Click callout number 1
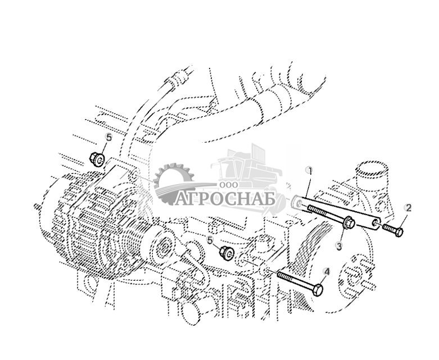[309, 170]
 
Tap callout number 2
[408, 208]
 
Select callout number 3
[339, 246]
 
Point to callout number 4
[327, 271]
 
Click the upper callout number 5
[109, 138]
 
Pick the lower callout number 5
[210, 239]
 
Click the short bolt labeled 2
[393, 228]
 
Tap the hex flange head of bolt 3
[349, 222]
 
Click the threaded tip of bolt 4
[279, 274]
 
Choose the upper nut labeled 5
[97, 158]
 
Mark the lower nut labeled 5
[226, 252]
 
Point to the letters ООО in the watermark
[229, 185]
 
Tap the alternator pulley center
[162, 245]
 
